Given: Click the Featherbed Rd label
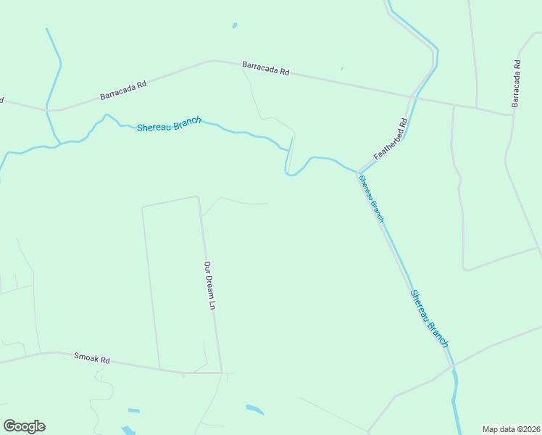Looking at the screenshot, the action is (391, 139).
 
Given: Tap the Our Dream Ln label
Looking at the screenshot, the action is (209, 286).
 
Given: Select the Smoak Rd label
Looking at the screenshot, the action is (91, 358).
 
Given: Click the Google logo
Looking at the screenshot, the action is (24, 426).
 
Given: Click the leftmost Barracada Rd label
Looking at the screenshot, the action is (123, 90).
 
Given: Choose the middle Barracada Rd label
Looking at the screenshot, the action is (266, 68).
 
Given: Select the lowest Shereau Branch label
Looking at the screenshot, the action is (430, 318).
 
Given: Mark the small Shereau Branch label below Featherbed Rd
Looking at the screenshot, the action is (370, 198).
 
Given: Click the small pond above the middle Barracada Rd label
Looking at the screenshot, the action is (234, 26).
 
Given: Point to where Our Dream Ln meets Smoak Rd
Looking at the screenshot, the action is (222, 373).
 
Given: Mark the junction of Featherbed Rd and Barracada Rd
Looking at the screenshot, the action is (413, 96).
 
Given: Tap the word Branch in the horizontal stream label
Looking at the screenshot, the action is (186, 122).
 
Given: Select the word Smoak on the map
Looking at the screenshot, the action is (85, 357).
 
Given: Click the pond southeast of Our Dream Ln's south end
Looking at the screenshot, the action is (254, 410).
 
